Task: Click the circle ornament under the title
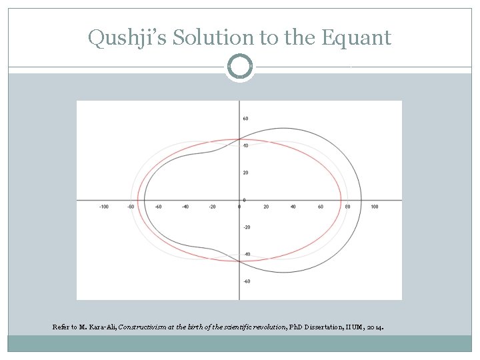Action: tap(239, 67)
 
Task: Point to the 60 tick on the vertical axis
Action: tap(245, 119)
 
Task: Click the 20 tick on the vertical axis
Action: tap(245, 173)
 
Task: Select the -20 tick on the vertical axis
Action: tap(246, 227)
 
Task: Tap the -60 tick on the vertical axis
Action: tap(246, 281)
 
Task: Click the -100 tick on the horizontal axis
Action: tap(103, 207)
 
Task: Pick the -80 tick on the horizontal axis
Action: tap(131, 207)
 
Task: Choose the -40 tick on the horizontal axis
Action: tap(185, 207)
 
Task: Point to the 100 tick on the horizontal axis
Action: tap(375, 207)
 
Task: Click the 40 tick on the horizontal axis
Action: tap(293, 207)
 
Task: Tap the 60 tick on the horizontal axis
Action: tap(321, 207)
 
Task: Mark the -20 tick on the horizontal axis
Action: tap(212, 207)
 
